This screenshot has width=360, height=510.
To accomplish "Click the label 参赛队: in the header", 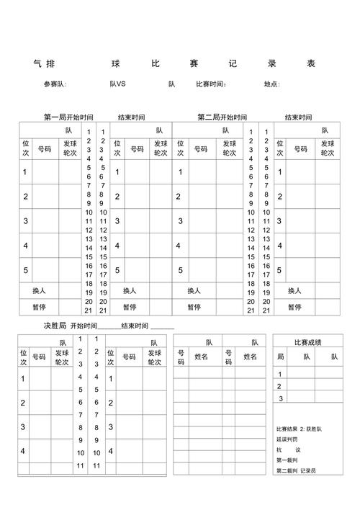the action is [55, 84].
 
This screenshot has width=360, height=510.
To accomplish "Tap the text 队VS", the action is [117, 84].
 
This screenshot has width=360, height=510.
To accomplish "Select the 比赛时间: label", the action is [212, 84].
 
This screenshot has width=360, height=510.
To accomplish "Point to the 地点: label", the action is [271, 84].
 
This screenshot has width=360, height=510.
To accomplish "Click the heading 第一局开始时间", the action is [68, 117].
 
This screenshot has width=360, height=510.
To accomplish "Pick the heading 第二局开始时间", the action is [222, 117].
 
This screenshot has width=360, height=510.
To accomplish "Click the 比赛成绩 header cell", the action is [307, 341].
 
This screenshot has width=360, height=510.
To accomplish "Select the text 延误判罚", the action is [287, 439].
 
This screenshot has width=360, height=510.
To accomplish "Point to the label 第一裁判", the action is [287, 460].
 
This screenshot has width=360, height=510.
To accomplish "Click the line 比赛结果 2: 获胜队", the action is [299, 429].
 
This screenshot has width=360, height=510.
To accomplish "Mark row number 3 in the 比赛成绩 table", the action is [281, 398].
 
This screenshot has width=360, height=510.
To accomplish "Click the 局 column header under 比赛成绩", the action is [281, 357].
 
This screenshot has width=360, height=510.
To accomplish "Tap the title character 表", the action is [311, 63].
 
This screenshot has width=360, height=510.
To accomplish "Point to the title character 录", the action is [271, 63].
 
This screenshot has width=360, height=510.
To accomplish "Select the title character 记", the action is [233, 63].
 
